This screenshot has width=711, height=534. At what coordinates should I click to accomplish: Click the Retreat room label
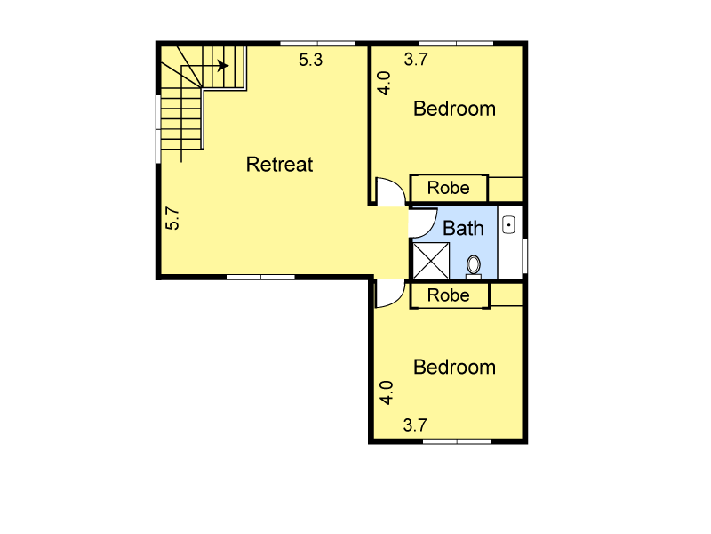[x=279, y=165]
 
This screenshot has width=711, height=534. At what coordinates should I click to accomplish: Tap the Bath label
[x=463, y=228]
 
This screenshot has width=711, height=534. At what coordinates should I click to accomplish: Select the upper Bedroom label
[x=454, y=109]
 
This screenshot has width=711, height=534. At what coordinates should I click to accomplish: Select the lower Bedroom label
[x=454, y=368]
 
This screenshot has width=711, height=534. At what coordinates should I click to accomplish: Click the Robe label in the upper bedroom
[x=449, y=188]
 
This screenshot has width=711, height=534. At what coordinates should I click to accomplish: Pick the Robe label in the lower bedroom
[x=449, y=295]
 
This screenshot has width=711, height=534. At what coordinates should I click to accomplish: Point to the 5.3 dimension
[x=310, y=60]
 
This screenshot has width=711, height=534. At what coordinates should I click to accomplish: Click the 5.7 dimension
[x=172, y=218]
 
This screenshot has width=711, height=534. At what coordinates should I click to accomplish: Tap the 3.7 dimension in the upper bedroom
[x=416, y=59]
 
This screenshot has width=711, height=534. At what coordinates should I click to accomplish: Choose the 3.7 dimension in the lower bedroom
[x=415, y=425]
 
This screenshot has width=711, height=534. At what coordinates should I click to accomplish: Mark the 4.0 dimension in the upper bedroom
[x=384, y=83]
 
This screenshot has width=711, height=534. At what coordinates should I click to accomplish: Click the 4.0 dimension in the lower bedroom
[x=387, y=392]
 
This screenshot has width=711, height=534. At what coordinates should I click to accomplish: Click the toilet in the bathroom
[x=474, y=266]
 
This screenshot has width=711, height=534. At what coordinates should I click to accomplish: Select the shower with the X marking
[x=431, y=261]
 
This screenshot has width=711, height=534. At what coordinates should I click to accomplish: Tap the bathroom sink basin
[x=508, y=225]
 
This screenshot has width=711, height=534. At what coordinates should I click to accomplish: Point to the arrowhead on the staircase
[x=223, y=66]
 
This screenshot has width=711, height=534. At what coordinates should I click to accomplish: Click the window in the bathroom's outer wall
[x=524, y=256]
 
